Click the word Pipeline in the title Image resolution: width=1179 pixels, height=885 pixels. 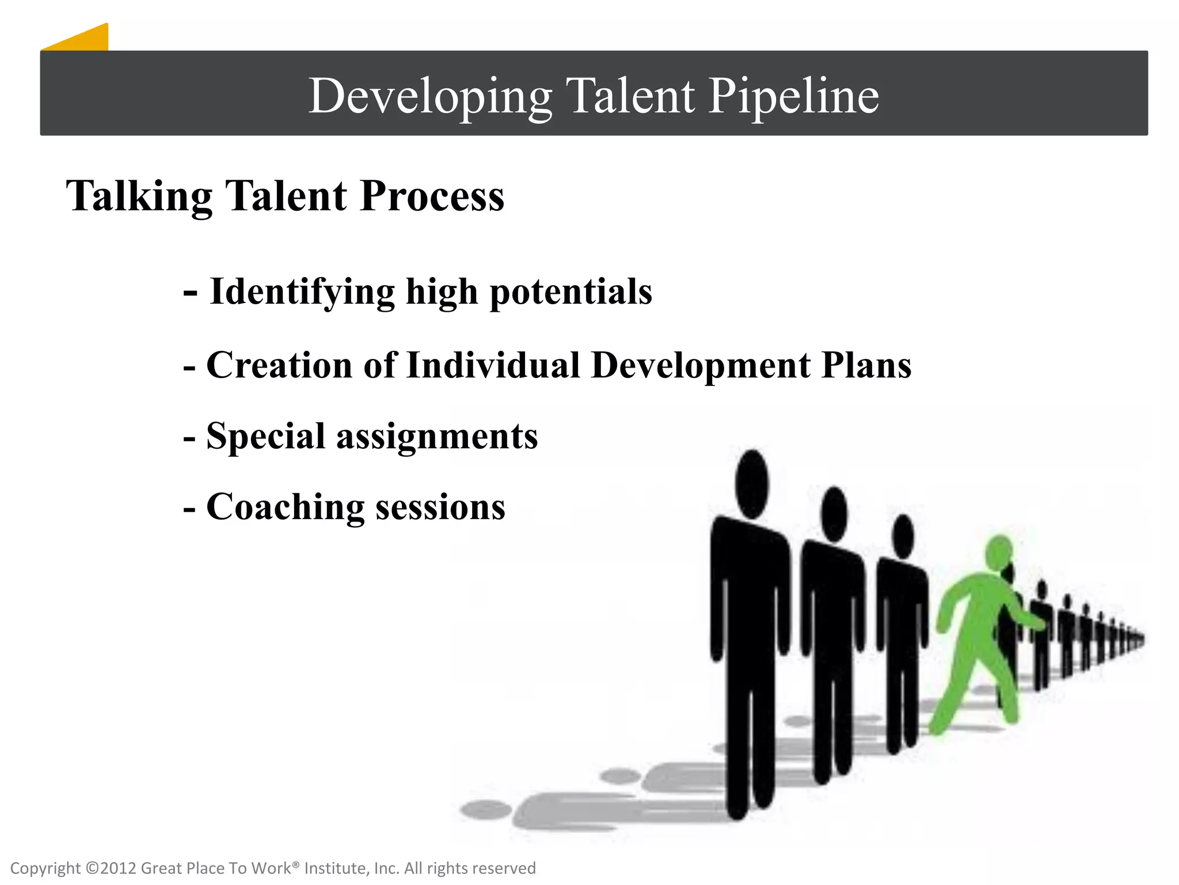(793, 96)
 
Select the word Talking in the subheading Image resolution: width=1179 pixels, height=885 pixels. (139, 196)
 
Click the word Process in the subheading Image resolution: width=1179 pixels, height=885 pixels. (432, 196)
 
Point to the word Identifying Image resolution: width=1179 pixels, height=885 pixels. (302, 292)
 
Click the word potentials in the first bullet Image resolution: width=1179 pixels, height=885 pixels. (571, 292)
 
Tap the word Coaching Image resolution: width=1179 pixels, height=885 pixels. (286, 508)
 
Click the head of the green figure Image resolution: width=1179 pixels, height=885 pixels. (999, 553)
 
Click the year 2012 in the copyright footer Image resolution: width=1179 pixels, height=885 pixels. (119, 868)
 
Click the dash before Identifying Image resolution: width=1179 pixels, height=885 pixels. (191, 293)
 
